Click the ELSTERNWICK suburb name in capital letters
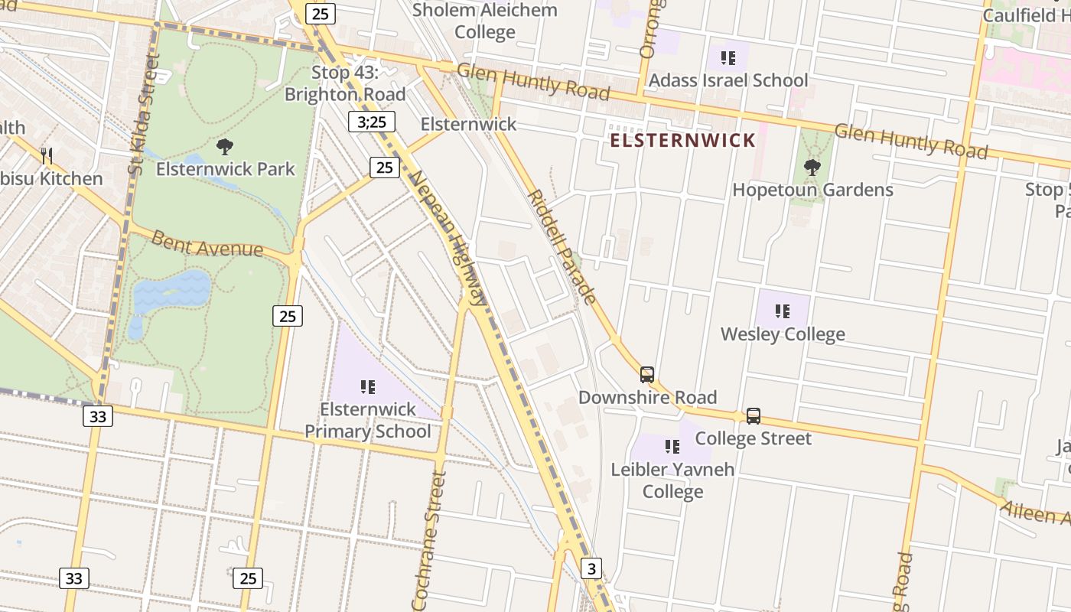point(682,141)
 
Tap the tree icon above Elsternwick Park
point(224,147)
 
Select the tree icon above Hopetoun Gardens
point(812,167)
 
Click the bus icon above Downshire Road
point(647,375)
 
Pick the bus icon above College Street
point(754,416)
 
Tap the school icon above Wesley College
point(782,311)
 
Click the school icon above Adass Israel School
point(728,57)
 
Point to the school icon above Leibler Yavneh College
point(672,446)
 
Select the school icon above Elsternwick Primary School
point(368,387)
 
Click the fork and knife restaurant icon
point(47,156)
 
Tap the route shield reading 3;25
point(372,122)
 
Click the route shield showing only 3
point(591,568)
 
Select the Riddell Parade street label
point(562,246)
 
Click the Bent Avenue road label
point(207,244)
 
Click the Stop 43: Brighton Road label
point(345,83)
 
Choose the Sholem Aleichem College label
point(485,21)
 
